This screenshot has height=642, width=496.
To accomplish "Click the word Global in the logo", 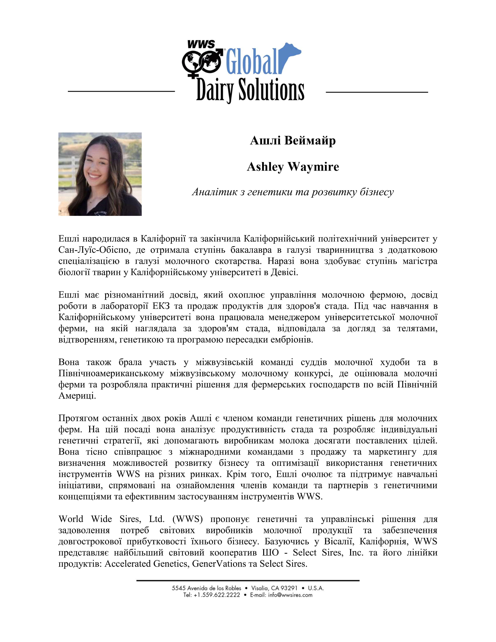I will pos(252,62).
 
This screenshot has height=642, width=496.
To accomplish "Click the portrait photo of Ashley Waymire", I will pos(100,174).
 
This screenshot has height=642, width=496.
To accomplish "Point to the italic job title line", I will pos(293,192).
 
